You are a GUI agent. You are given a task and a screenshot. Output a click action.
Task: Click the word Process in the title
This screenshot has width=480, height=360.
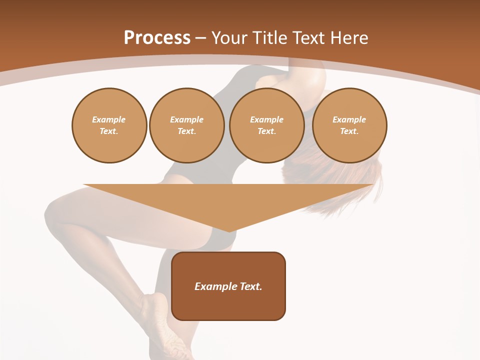(x=157, y=38)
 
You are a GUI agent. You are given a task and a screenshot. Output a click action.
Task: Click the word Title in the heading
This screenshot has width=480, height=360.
(x=271, y=38)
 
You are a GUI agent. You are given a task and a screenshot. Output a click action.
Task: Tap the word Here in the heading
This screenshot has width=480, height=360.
(x=349, y=38)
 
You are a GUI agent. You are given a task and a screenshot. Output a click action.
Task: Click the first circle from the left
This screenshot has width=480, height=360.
(x=109, y=125)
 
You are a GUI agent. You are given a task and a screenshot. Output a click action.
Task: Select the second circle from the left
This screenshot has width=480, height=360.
(x=186, y=125)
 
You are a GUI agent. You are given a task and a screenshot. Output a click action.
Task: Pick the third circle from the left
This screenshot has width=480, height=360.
(x=266, y=125)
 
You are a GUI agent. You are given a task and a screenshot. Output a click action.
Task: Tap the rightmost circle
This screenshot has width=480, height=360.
(x=349, y=125)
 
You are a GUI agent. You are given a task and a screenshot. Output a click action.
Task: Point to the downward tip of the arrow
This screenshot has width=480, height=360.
(x=228, y=230)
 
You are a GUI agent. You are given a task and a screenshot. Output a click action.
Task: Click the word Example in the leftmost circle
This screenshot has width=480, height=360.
(x=109, y=119)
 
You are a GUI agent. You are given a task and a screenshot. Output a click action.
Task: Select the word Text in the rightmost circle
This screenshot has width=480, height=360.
(x=349, y=131)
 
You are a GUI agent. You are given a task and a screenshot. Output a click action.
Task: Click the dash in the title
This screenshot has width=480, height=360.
(x=200, y=38)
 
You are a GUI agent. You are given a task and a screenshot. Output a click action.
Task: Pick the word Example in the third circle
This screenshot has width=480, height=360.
(x=266, y=119)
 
